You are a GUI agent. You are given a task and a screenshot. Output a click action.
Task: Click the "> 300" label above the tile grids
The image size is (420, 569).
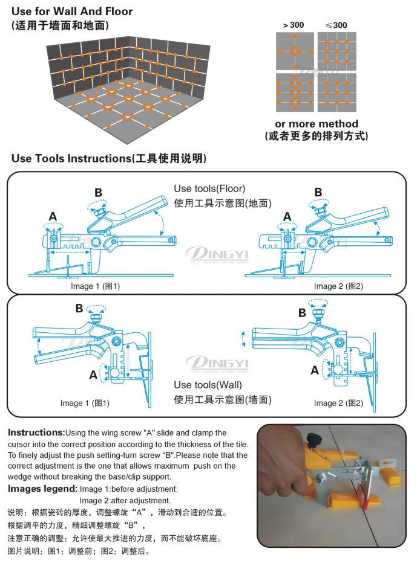click(293, 25)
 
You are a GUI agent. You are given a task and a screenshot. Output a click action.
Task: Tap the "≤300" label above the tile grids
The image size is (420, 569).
click(336, 25)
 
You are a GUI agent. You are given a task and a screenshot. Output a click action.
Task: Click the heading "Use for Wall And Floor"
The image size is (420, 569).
click(72, 11)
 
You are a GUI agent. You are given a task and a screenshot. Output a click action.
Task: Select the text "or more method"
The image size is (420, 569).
click(317, 123)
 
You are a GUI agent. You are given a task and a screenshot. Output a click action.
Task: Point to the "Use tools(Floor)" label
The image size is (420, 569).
click(209, 188)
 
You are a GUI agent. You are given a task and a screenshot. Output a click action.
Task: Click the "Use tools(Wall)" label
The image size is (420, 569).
click(208, 385)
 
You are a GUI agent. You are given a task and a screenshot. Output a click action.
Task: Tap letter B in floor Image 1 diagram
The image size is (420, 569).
click(98, 193)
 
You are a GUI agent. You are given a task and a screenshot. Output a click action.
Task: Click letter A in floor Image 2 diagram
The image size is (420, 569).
click(287, 217)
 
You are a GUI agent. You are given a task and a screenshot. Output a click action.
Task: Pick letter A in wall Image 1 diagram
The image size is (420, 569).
click(93, 375)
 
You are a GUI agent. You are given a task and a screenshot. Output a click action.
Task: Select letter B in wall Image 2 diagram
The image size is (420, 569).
click(302, 313)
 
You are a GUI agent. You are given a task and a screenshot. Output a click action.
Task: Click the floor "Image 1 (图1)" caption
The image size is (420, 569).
click(95, 286)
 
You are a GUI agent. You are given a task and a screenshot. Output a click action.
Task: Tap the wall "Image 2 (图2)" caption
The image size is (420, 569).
click(338, 403)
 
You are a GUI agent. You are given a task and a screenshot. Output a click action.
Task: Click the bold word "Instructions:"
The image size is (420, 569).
click(36, 432)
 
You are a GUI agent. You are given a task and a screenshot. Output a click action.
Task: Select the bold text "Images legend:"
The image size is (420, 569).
click(42, 489)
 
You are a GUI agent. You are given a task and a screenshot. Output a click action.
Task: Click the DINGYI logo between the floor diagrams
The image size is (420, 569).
click(217, 254)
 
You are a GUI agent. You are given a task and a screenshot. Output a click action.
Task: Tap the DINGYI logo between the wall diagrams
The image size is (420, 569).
click(217, 364)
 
